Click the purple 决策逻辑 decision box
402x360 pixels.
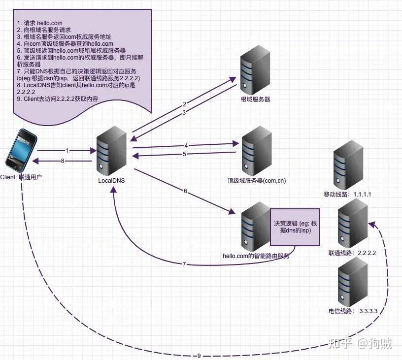295,227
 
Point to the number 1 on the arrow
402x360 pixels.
67,150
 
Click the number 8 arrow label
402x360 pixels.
63,161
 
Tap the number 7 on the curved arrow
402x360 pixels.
184,264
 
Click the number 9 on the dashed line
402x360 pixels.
199,356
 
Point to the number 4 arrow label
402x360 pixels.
186,145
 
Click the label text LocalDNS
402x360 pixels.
111,181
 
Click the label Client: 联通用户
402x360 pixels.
21,176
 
